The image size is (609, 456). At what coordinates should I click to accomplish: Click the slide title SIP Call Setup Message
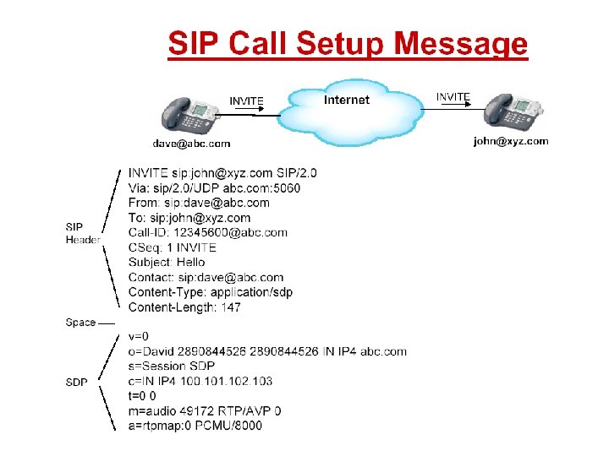(347, 43)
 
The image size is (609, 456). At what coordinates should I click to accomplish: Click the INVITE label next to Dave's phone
(247, 101)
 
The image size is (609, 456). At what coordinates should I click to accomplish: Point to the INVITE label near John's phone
(453, 97)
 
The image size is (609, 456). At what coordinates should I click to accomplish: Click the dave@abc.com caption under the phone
(191, 144)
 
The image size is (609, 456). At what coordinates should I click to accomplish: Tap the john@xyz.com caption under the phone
(510, 142)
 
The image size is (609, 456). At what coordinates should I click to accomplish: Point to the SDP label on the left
(77, 383)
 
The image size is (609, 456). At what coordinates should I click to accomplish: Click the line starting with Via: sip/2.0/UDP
(214, 187)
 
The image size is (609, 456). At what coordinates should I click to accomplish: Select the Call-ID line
(208, 232)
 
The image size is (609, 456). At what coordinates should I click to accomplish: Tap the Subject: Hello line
(167, 263)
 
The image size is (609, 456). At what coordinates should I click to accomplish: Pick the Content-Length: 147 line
(184, 307)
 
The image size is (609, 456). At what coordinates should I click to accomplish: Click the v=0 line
(139, 336)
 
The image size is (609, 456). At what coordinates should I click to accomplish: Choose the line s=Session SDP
(172, 366)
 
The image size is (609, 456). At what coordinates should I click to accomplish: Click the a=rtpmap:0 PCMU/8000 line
(195, 426)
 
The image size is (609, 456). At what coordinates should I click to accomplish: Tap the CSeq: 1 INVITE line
(173, 247)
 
